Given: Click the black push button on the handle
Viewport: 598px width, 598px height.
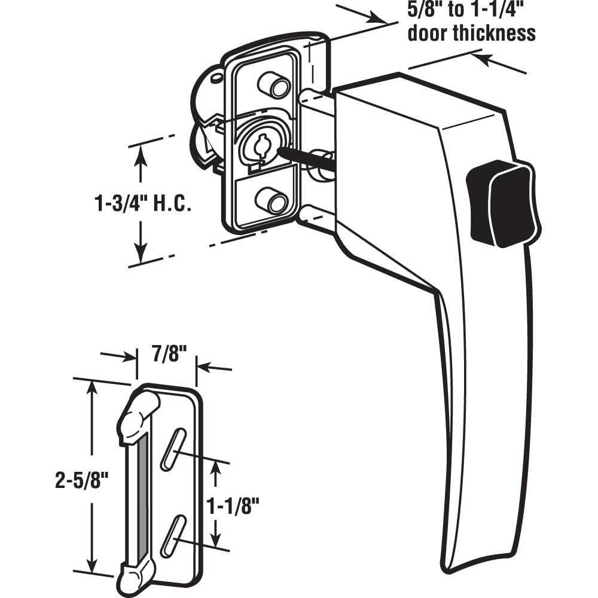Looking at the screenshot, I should click(502, 204).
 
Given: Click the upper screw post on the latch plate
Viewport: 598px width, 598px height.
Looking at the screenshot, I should click(274, 85).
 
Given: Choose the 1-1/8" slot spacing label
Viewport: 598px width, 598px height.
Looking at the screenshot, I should click(233, 505).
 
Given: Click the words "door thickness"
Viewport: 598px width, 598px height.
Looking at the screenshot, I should click(471, 33).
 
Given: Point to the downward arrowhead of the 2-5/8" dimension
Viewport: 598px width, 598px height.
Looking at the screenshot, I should click(91, 565).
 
